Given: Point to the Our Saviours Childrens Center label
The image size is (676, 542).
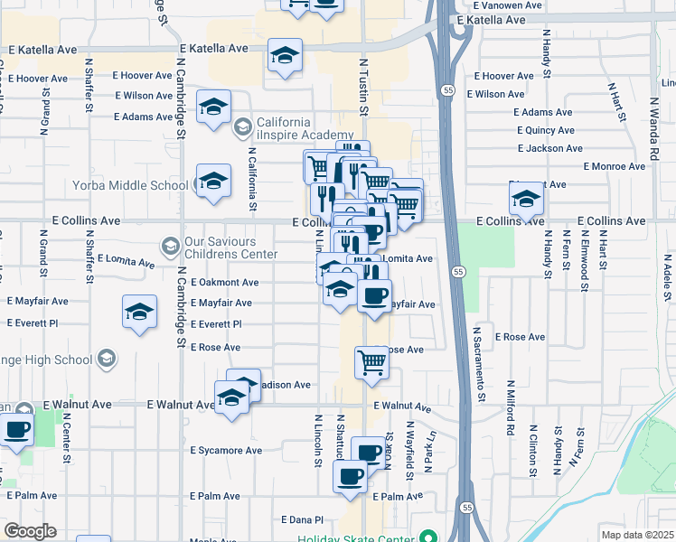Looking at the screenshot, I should [x=231, y=248].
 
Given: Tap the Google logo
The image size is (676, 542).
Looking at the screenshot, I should [x=30, y=531].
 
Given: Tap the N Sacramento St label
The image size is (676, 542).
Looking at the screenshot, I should [x=482, y=364].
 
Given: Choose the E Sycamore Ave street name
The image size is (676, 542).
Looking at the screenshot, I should [x=226, y=450].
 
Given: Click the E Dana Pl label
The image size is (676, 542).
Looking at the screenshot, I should [x=302, y=519].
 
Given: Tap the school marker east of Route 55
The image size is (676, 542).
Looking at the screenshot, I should [x=526, y=200].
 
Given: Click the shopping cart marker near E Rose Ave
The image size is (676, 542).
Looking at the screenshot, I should [x=372, y=362].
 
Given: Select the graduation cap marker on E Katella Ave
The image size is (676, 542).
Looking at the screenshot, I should [x=285, y=57].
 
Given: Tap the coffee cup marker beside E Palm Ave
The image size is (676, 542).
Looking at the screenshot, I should [x=351, y=477].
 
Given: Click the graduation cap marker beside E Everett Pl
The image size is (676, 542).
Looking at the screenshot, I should [x=139, y=313].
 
